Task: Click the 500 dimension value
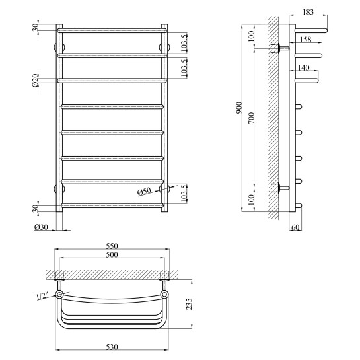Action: [112, 254]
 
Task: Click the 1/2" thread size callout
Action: [42, 297]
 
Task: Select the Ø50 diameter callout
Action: [144, 192]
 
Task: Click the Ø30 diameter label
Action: [41, 227]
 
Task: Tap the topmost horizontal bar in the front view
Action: [112, 30]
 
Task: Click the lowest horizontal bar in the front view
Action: [112, 205]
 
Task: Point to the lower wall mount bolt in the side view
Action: [281, 188]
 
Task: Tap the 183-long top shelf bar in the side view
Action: [310, 29]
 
